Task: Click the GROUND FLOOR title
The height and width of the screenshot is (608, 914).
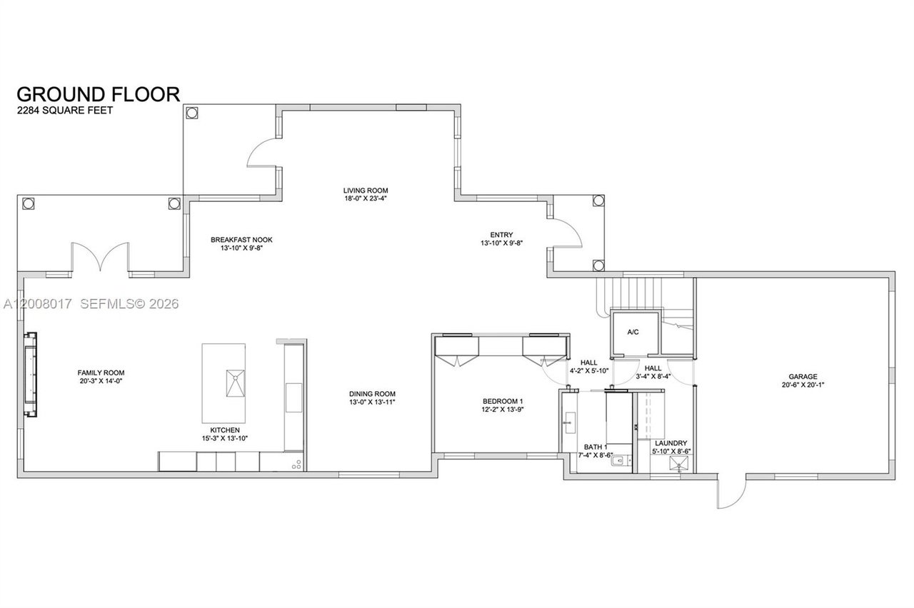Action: (98, 94)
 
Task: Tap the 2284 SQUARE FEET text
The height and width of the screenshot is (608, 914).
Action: (65, 111)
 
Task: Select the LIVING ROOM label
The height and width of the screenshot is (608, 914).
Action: (366, 191)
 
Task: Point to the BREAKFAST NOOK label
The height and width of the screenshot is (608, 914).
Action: (241, 240)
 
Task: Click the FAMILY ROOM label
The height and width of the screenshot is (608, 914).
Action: (101, 373)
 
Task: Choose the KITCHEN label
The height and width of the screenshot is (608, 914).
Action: (225, 430)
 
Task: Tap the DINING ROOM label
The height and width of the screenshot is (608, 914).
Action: (372, 394)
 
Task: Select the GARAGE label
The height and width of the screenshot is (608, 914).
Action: (803, 377)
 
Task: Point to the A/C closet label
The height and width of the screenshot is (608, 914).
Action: (633, 333)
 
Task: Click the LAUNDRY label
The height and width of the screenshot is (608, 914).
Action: (671, 443)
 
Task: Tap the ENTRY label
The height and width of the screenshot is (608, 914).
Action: (501, 235)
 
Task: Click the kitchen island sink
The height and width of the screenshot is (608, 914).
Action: (236, 383)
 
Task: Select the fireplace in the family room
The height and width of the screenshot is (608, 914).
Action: (31, 375)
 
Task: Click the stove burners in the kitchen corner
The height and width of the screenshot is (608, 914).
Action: (296, 465)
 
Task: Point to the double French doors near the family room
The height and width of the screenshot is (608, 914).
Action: (101, 257)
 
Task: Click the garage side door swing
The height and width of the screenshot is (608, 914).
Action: (732, 492)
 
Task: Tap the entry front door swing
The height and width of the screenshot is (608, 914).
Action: (567, 233)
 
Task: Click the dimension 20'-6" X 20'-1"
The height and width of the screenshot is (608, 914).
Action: (803, 385)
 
